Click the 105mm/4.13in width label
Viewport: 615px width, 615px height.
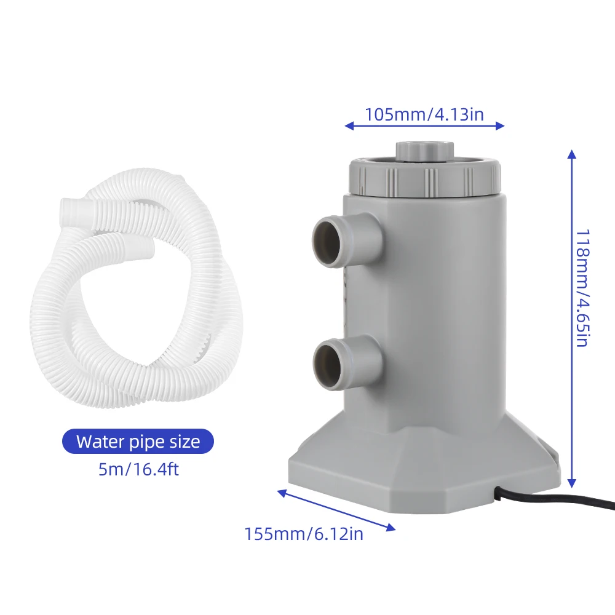point(424,114)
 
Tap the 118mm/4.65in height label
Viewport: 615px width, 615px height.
point(581,288)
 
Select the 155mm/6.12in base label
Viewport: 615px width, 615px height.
point(304,534)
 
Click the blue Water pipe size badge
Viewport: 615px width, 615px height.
point(138,442)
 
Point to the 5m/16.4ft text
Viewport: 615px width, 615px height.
point(138,470)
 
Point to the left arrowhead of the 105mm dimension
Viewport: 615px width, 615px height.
point(349,126)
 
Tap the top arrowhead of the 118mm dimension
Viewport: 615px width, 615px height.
point(571,153)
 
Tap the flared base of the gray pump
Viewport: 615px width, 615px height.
point(424,467)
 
